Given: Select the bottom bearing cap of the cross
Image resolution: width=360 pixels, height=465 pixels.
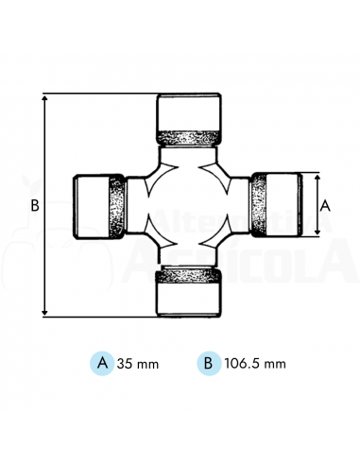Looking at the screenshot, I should (189, 297).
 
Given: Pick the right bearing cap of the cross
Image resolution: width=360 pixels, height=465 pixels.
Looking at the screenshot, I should (283, 204).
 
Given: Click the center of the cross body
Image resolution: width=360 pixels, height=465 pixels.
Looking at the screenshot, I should (189, 204).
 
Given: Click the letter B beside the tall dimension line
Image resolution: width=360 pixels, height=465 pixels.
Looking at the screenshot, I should (34, 204).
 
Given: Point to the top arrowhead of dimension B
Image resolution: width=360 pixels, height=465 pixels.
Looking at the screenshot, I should (45, 97).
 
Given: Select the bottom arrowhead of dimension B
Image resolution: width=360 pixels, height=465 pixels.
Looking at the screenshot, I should (45, 312).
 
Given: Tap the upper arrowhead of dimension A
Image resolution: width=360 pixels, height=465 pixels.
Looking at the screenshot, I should (316, 177).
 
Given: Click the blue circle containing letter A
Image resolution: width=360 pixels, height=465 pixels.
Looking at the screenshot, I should (101, 362).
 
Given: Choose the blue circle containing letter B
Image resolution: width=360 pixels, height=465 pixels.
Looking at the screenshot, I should (206, 362).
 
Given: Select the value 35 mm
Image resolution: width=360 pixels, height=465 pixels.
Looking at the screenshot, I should (138, 362).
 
